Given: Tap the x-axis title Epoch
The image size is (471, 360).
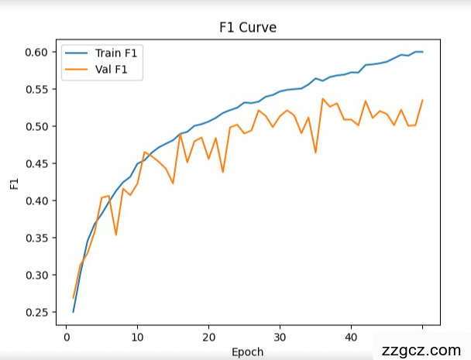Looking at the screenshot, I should click(248, 351).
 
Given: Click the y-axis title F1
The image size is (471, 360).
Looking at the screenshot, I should click(13, 183).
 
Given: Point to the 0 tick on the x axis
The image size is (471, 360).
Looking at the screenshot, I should click(66, 337).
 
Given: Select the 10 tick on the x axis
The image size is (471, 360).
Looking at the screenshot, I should click(137, 337).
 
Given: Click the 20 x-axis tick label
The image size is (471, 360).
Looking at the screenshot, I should click(208, 337).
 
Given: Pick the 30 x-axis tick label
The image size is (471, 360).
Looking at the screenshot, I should click(280, 337).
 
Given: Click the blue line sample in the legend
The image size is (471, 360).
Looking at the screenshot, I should click(80, 53).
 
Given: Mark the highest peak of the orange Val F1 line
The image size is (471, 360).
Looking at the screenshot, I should click(322, 99).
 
